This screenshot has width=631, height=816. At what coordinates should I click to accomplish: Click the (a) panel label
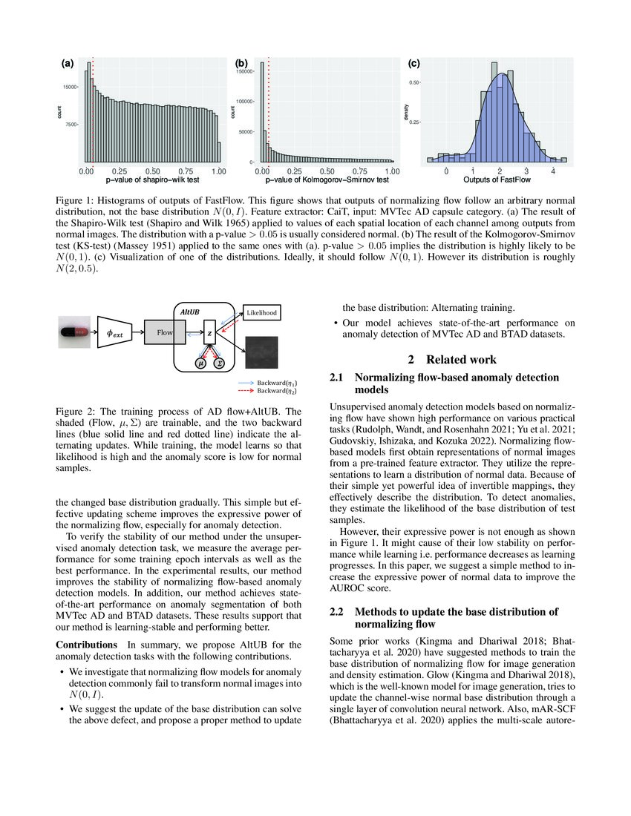pyautogui.click(x=67, y=64)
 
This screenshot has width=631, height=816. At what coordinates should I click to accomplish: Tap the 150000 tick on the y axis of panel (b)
pyautogui.click(x=243, y=71)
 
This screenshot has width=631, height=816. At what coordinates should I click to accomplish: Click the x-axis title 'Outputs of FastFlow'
pyautogui.click(x=496, y=180)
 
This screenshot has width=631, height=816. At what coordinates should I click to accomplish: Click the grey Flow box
pyautogui.click(x=163, y=333)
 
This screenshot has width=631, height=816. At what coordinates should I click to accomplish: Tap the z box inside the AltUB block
pyautogui.click(x=209, y=334)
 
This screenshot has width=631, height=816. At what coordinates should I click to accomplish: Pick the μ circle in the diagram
pyautogui.click(x=200, y=363)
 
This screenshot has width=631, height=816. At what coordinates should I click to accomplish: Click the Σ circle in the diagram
pyautogui.click(x=219, y=363)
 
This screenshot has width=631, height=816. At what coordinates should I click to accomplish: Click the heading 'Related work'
pyautogui.click(x=460, y=360)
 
